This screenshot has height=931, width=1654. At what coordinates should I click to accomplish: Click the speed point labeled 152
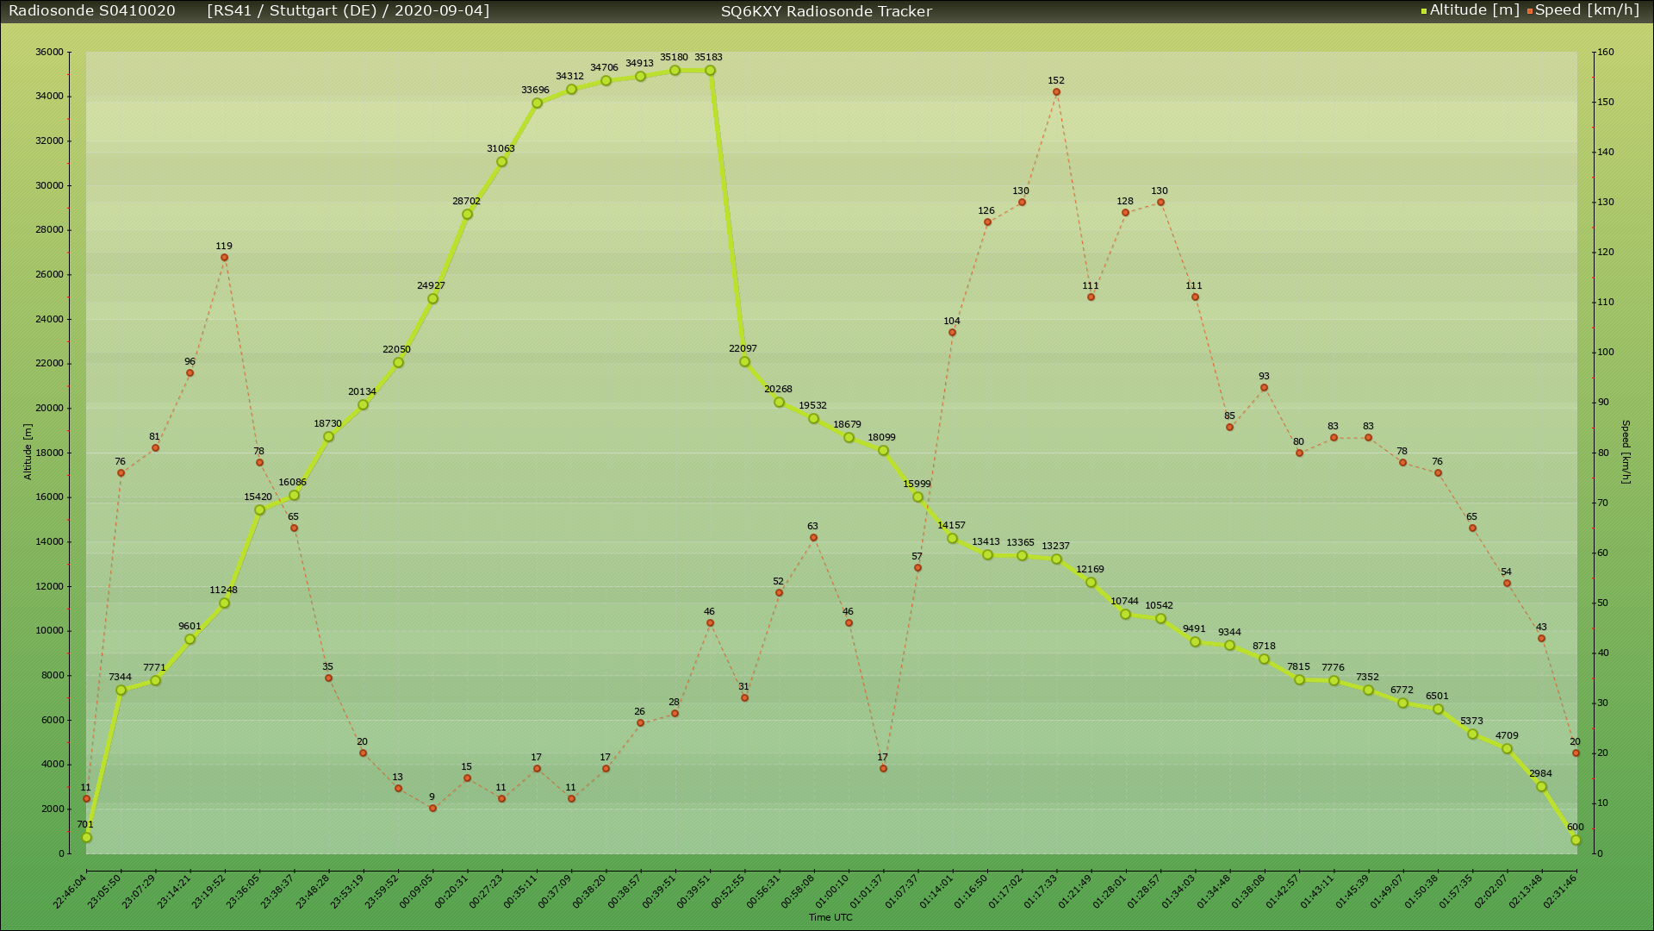pos(1056,92)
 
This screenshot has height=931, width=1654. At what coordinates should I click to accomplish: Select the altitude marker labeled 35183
pos(710,71)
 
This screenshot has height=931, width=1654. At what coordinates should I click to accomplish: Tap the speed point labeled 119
pos(224,258)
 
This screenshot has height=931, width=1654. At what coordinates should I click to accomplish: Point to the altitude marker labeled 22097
pos(744,362)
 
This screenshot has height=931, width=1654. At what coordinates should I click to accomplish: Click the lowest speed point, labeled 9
pos(432,809)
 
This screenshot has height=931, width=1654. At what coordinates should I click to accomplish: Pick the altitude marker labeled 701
pos(86,837)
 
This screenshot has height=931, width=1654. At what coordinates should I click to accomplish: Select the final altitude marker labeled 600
pos(1576,840)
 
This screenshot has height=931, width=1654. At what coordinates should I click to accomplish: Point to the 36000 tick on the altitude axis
pos(49,52)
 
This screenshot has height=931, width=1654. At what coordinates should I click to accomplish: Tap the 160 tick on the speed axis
pos(1605,52)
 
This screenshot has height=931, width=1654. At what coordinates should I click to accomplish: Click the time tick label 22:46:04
pos(71,891)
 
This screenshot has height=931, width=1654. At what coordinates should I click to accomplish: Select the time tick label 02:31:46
pos(1560,891)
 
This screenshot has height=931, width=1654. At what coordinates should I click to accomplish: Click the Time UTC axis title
pos(830,917)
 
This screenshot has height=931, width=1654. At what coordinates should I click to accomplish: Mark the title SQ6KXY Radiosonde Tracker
pos(826,11)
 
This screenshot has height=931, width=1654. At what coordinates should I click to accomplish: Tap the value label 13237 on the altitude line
pos(1055,547)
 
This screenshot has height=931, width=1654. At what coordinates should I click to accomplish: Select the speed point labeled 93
pos(1264,388)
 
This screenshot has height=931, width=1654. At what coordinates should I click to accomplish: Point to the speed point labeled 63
pos(813,538)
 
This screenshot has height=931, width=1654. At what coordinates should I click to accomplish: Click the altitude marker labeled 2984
pos(1541,787)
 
